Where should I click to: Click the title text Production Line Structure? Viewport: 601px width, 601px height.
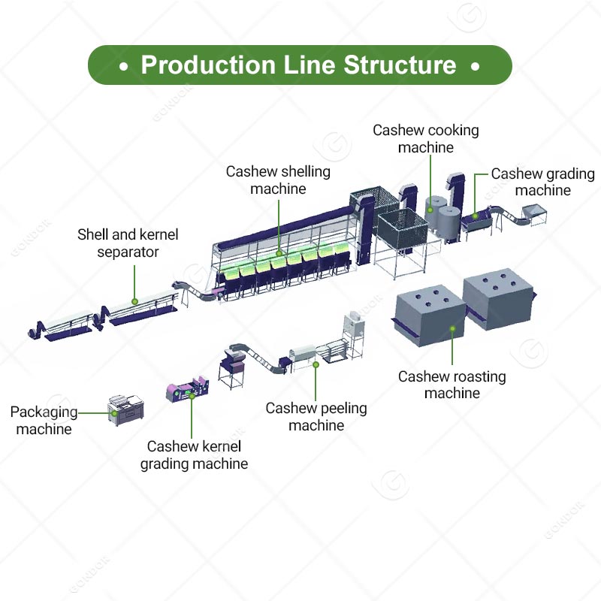click(x=299, y=65)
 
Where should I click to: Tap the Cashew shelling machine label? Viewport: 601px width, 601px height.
click(x=278, y=180)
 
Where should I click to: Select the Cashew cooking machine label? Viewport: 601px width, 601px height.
click(x=426, y=139)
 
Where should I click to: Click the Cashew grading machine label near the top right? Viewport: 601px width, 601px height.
click(x=542, y=182)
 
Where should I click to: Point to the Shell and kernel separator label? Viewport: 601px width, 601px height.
click(x=128, y=243)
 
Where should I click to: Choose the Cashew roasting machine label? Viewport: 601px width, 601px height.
click(x=452, y=385)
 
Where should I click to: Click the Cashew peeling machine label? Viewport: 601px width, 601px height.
click(x=316, y=417)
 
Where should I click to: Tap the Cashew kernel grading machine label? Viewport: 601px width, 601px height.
click(x=194, y=455)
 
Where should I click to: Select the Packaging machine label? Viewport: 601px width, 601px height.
click(x=44, y=421)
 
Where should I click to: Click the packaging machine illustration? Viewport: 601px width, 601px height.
click(x=125, y=406)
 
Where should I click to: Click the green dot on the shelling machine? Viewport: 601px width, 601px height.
click(x=279, y=253)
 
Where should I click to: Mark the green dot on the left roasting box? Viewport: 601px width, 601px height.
click(x=452, y=328)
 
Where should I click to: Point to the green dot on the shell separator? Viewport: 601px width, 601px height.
click(x=135, y=301)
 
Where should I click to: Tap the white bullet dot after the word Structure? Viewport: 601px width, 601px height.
click(x=475, y=66)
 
